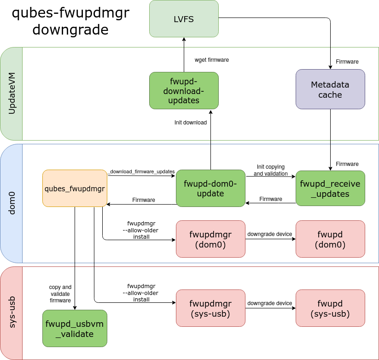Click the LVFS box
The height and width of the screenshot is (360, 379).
184,18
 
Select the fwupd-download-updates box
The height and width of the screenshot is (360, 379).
184,90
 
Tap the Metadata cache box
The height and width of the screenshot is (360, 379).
330,89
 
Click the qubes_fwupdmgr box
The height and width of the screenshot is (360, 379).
75,188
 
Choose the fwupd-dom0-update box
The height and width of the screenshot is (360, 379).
210,188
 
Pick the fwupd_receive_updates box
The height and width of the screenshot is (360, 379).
330,188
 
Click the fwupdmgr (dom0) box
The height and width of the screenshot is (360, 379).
210,239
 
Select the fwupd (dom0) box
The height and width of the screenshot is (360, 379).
330,239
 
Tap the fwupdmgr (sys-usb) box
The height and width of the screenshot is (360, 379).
210,308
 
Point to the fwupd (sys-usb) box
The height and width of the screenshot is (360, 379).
330,308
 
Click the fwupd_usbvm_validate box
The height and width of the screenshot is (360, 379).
75,328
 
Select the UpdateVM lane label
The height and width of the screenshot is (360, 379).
12,94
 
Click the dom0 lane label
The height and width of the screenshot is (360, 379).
12,203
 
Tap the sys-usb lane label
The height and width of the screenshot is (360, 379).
12,313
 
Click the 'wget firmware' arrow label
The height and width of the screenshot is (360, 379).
212,60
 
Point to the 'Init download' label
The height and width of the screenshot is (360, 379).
191,123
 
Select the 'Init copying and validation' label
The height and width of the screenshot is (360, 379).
270,170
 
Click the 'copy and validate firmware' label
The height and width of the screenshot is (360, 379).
60,294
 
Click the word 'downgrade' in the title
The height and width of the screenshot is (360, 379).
70,30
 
